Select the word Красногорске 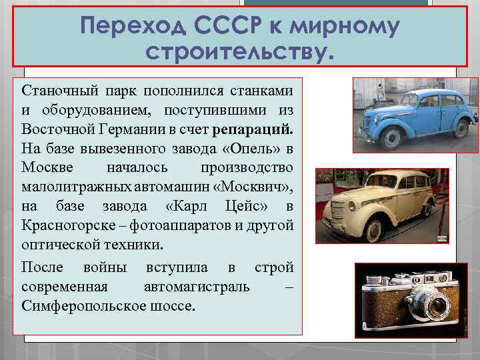click(x=61, y=224)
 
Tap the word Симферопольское click(x=74, y=307)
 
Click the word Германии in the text click(x=143, y=127)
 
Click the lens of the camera click(x=437, y=307)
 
